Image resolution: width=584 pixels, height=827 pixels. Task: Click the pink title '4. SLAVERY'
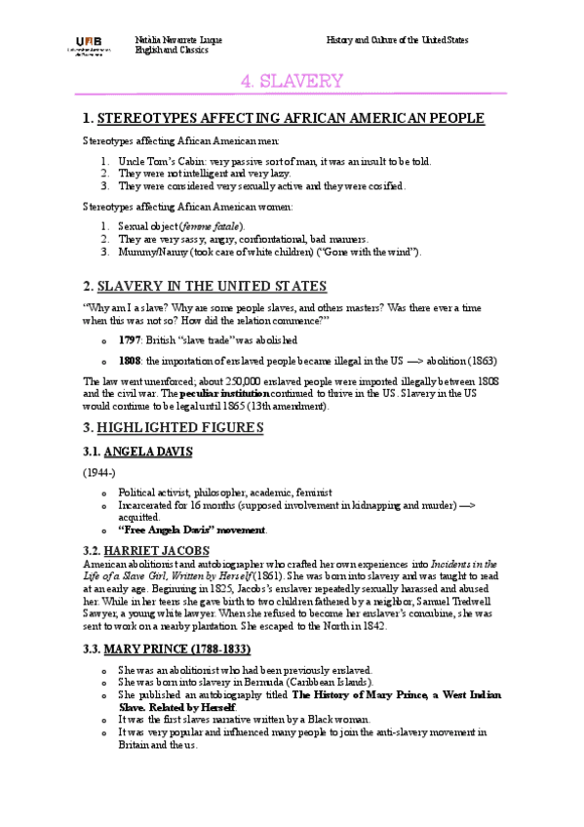pyautogui.click(x=292, y=81)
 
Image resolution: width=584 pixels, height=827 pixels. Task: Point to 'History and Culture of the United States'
pyautogui.click(x=397, y=40)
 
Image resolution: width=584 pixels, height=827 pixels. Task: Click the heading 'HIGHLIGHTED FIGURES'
pyautogui.click(x=185, y=428)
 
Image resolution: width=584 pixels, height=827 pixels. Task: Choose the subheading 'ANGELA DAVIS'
pyautogui.click(x=160, y=452)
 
